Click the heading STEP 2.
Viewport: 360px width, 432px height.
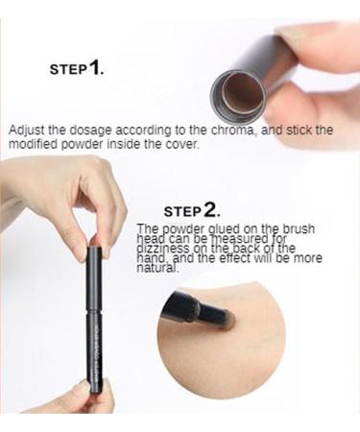(x=191, y=210)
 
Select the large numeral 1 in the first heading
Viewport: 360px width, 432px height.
(x=98, y=67)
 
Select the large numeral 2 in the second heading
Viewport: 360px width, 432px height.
(x=212, y=209)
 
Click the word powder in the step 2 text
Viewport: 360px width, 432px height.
(x=182, y=228)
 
